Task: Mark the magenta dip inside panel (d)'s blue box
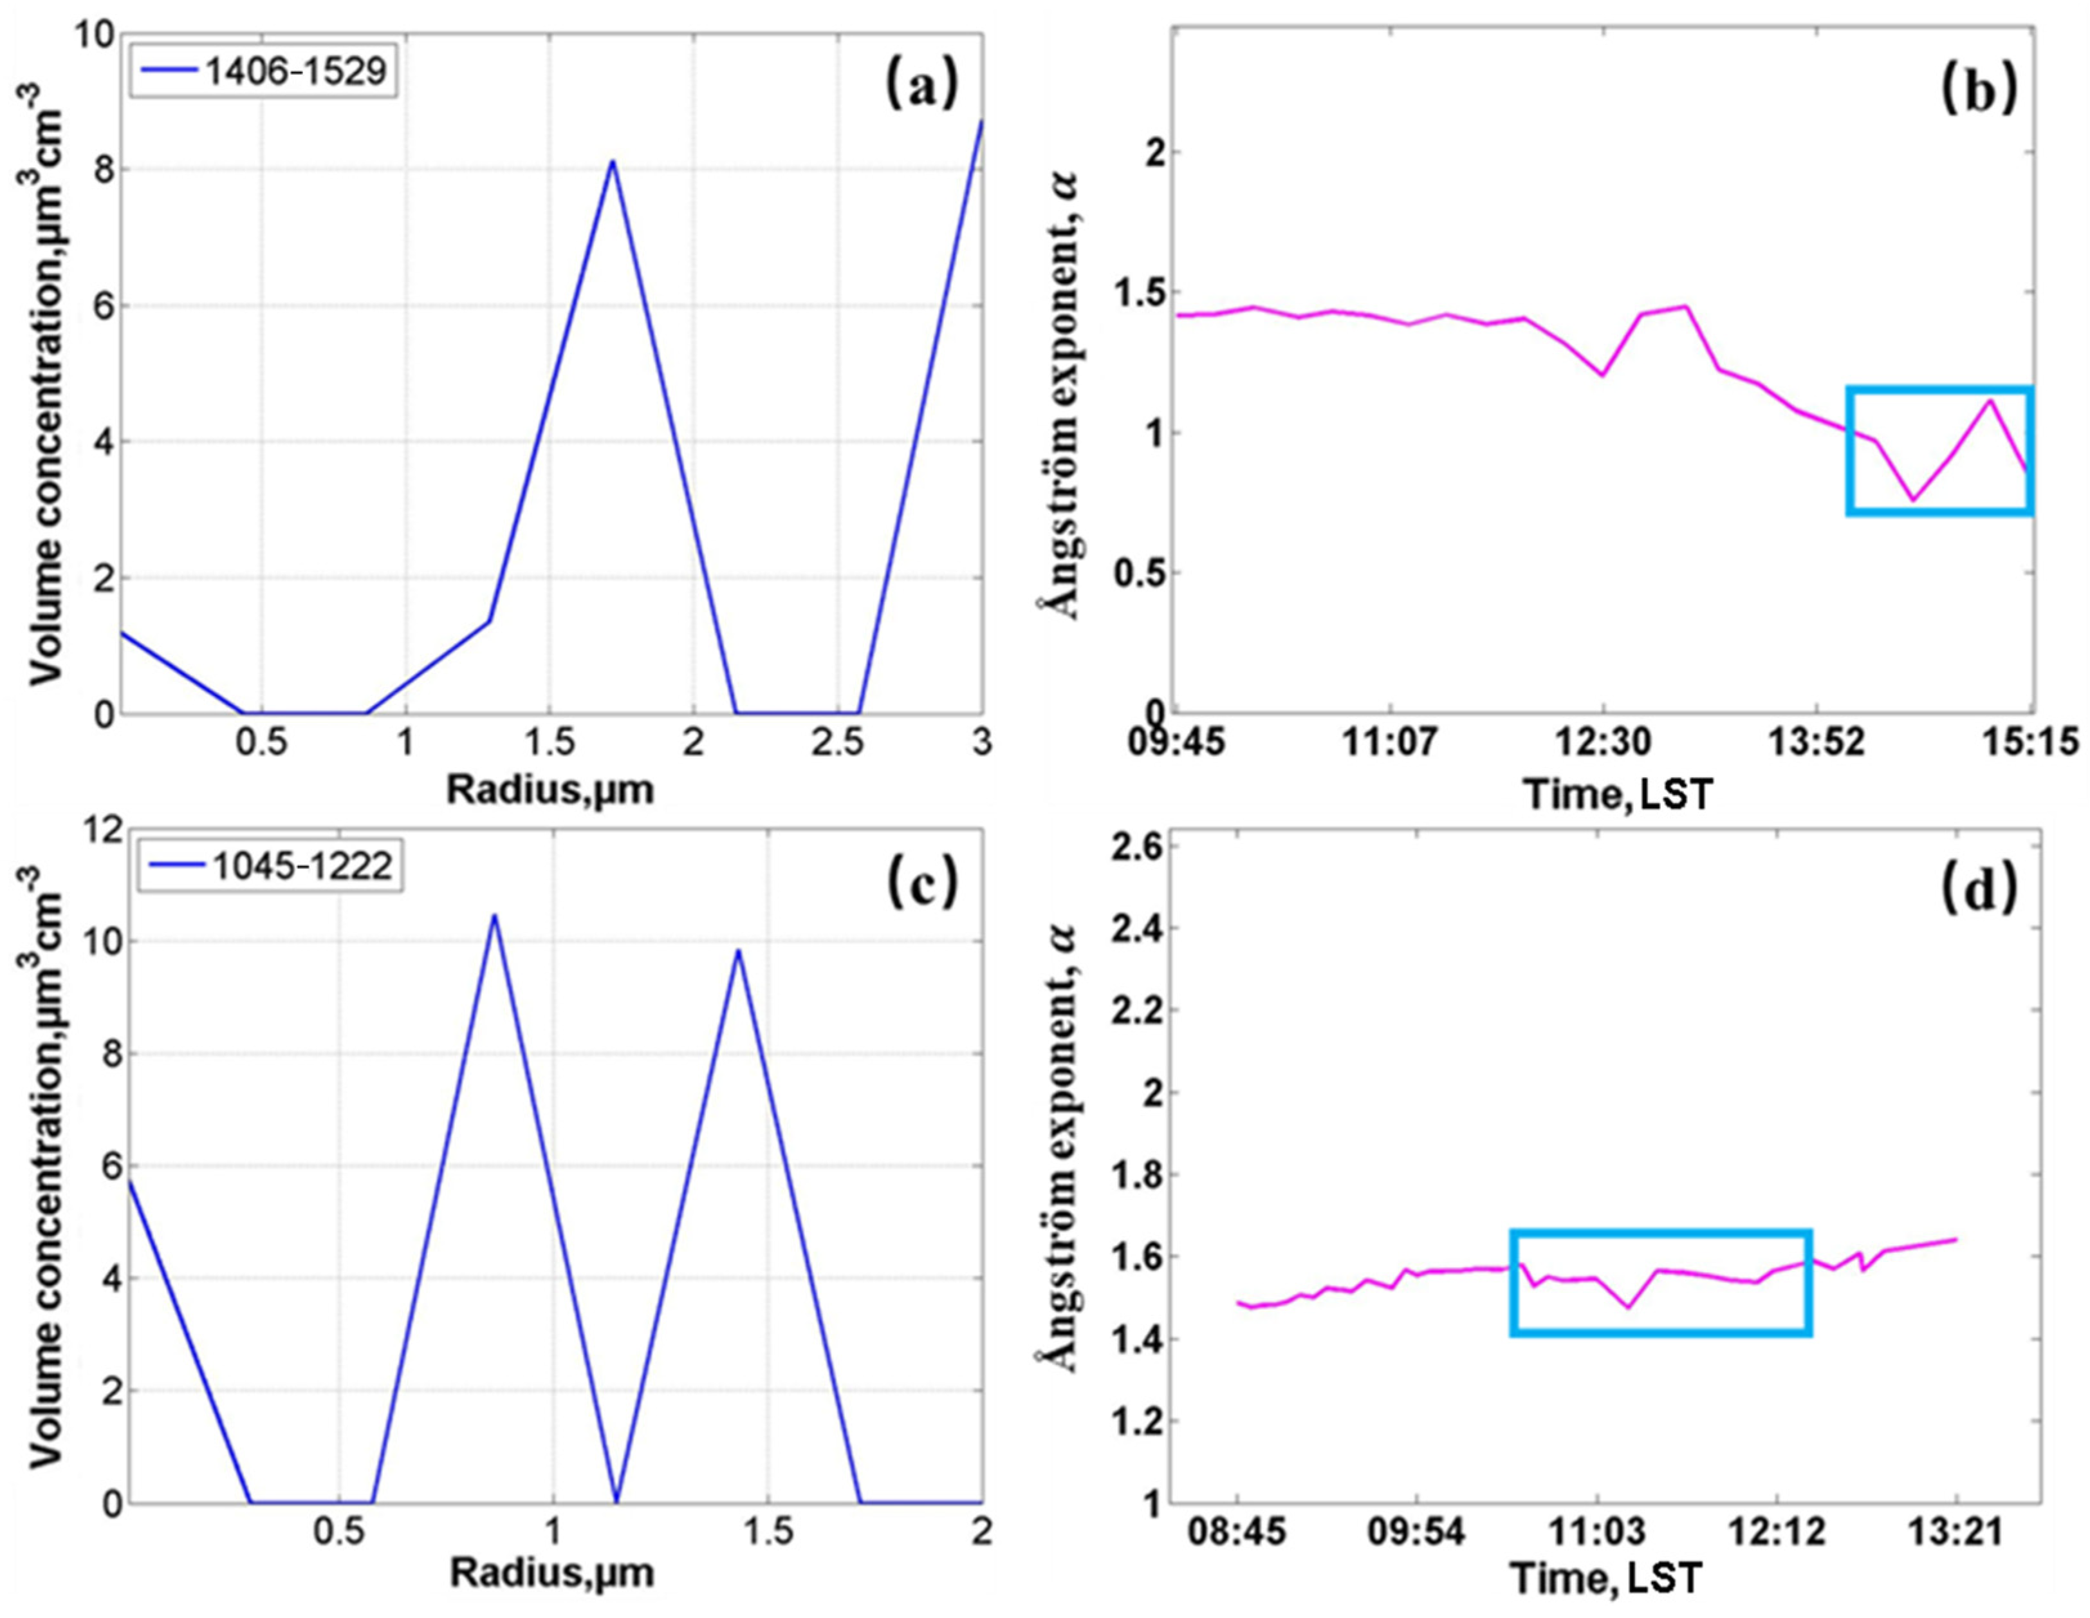(1629, 1308)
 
